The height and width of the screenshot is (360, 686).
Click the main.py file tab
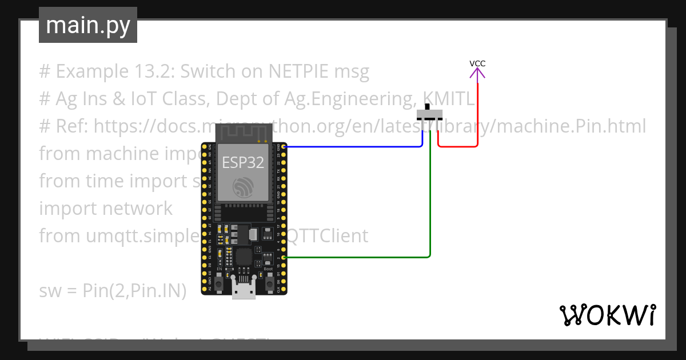point(87,26)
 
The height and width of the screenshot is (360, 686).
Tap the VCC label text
point(477,63)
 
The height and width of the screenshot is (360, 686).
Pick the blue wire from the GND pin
point(354,147)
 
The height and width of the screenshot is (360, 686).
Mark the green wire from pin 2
point(430,200)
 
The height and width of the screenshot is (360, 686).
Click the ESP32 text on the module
point(243,163)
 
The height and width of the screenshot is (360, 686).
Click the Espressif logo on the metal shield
point(244,187)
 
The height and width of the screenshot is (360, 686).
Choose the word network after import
point(137,209)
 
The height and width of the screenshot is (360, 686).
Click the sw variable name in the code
point(49,291)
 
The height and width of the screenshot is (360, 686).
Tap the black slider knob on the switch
point(427,106)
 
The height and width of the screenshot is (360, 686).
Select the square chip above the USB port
point(243,257)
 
